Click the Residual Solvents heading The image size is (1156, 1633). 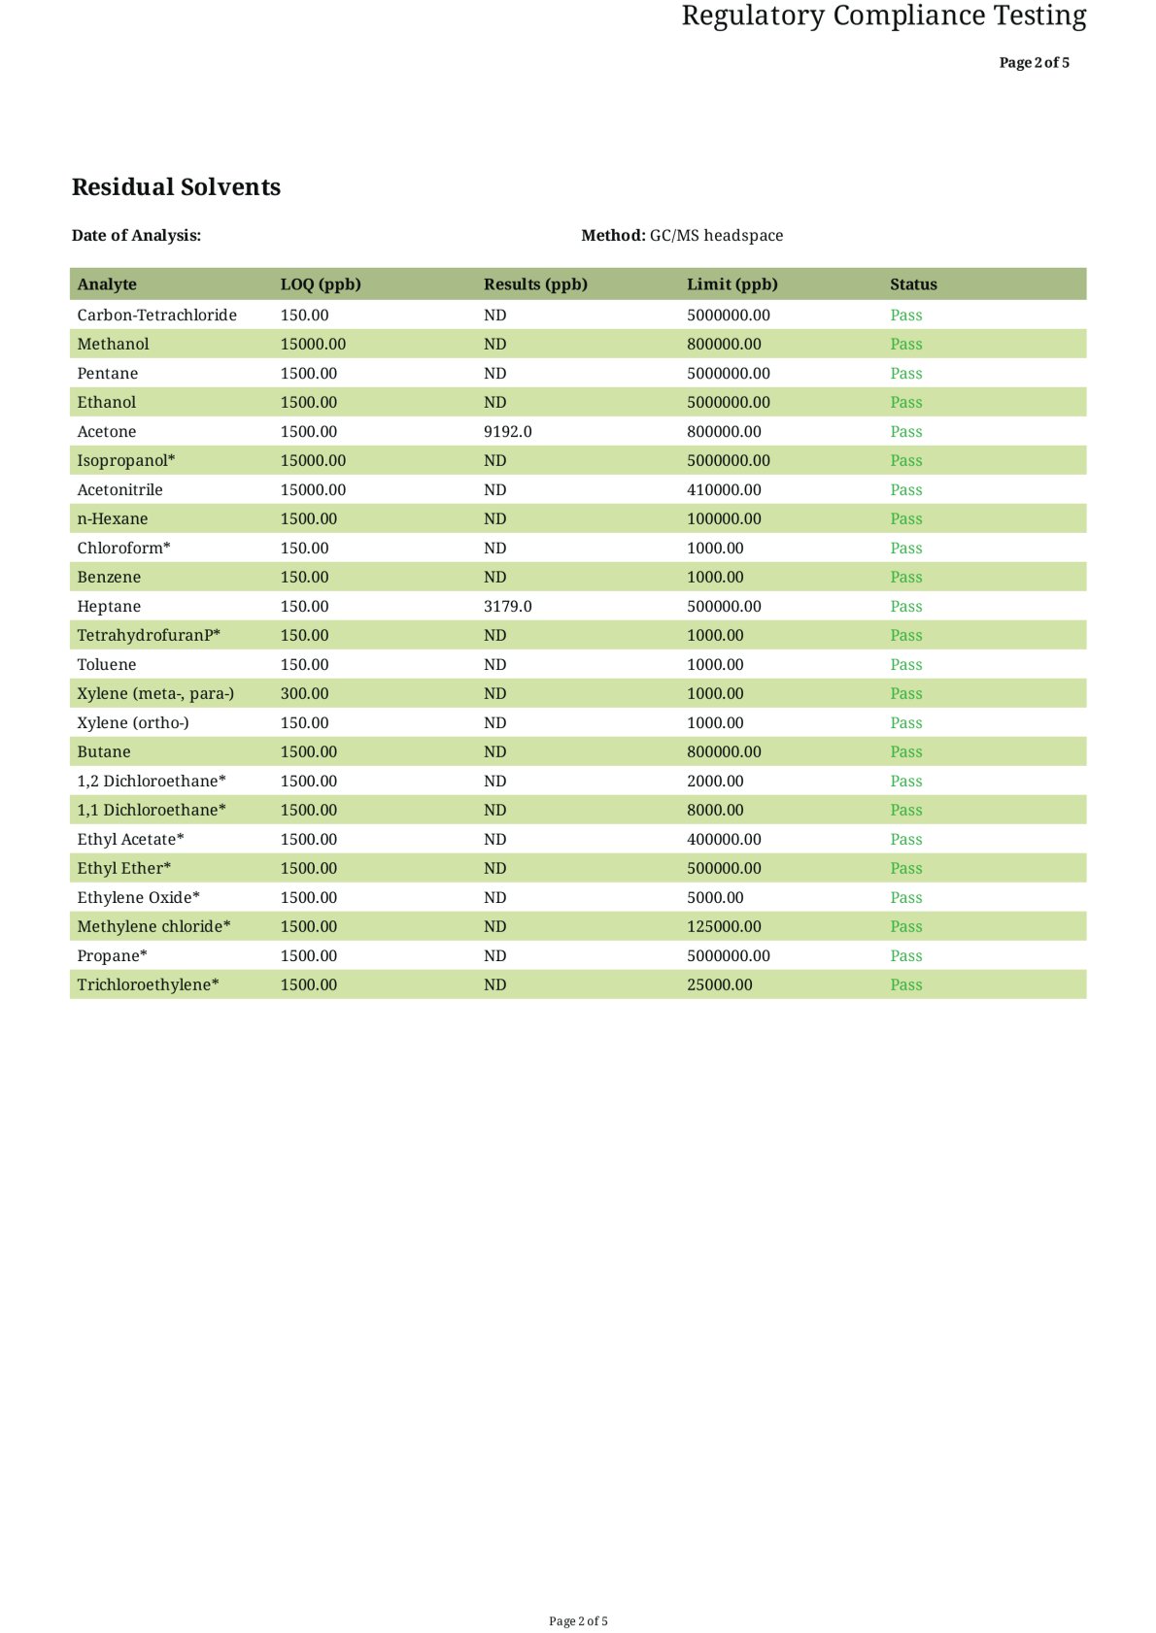point(176,187)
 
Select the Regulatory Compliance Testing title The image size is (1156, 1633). point(883,17)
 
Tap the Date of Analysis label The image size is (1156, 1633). point(136,235)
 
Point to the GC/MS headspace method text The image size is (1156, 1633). point(716,235)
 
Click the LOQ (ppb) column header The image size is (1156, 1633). point(321,284)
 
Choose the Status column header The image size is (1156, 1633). point(913,284)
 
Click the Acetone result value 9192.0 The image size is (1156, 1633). point(507,431)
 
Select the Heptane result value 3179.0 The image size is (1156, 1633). point(507,606)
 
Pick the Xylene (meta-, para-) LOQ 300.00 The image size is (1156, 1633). point(304,693)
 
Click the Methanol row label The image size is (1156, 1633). point(113,344)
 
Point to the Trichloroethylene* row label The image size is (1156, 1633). point(148,984)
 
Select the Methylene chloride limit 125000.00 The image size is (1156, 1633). point(724,926)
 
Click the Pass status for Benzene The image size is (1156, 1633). point(905,577)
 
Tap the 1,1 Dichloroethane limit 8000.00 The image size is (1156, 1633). point(715,810)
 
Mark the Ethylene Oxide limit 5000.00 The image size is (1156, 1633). point(715,897)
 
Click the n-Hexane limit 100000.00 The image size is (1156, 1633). point(724,518)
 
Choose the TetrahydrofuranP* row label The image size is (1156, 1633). point(149,635)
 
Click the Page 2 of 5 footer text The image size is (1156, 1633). point(578,1620)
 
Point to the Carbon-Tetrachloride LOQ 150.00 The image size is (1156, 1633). point(304,315)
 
